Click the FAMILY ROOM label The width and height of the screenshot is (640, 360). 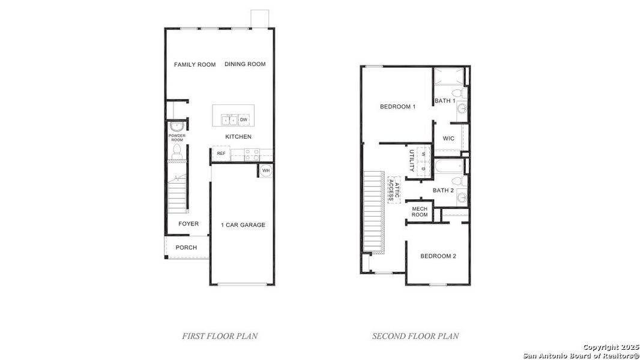(195, 65)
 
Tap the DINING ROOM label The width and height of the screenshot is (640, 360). (245, 65)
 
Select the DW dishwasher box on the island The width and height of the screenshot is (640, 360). (244, 120)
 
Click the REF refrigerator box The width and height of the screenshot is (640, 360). (221, 154)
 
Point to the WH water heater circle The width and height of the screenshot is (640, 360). (266, 171)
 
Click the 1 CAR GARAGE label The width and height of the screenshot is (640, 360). (243, 225)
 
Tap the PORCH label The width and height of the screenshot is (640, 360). (186, 248)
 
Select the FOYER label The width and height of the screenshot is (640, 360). (188, 224)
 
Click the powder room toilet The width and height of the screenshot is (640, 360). (177, 152)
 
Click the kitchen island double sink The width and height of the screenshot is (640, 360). (229, 120)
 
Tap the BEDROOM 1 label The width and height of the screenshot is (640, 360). (397, 107)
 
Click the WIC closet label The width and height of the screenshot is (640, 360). (448, 139)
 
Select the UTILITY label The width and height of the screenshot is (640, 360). (412, 161)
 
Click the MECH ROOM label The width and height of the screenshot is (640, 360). (420, 212)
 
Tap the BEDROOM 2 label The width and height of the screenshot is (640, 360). (438, 256)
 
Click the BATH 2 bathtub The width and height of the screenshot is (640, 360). (448, 166)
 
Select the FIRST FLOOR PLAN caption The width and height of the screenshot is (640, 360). (220, 336)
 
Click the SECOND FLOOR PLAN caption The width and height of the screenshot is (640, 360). (415, 336)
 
